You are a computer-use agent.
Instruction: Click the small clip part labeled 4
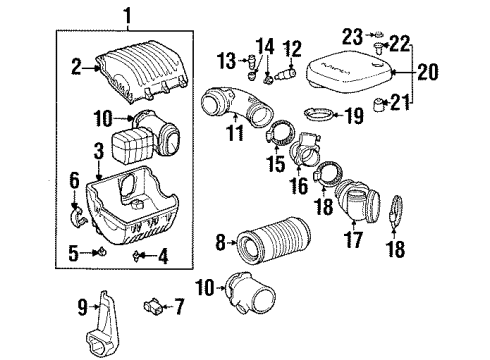(137, 256)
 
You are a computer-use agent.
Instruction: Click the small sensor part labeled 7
(155, 304)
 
